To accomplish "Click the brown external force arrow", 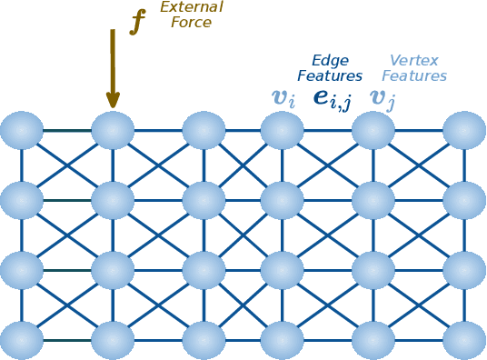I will (x=113, y=69).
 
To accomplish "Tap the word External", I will (x=191, y=7).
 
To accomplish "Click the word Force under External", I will (x=191, y=23).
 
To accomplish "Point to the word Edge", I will (x=330, y=61).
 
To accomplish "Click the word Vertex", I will (x=414, y=61).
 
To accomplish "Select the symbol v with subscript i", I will (x=283, y=97).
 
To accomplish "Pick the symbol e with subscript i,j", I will (x=332, y=97).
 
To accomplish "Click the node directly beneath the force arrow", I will (x=113, y=131).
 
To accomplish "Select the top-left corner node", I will (x=22, y=131).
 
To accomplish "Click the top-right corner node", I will (x=464, y=131).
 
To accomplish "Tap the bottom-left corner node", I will (x=22, y=340).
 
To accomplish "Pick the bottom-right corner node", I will (x=464, y=340).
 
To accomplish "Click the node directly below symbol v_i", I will (x=283, y=131).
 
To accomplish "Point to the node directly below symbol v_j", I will (x=373, y=131).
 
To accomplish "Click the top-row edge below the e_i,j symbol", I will (x=328, y=131).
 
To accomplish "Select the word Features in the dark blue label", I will (x=330, y=76).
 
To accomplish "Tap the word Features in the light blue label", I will (x=414, y=76).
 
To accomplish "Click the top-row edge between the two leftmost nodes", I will (x=67, y=131).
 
